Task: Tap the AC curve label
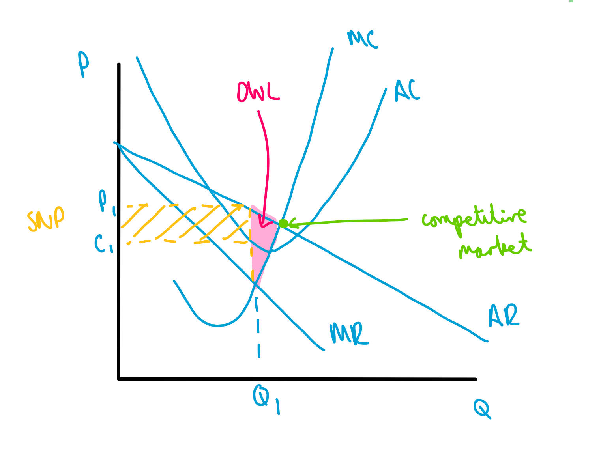[x=407, y=91]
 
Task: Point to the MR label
[x=349, y=334]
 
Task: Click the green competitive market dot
[x=283, y=224]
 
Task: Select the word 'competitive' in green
[x=474, y=218]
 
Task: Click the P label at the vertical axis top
[x=83, y=63]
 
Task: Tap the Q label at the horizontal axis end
[x=482, y=409]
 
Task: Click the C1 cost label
[x=103, y=244]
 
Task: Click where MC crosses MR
[x=255, y=283]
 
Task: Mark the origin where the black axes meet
[x=119, y=379]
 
